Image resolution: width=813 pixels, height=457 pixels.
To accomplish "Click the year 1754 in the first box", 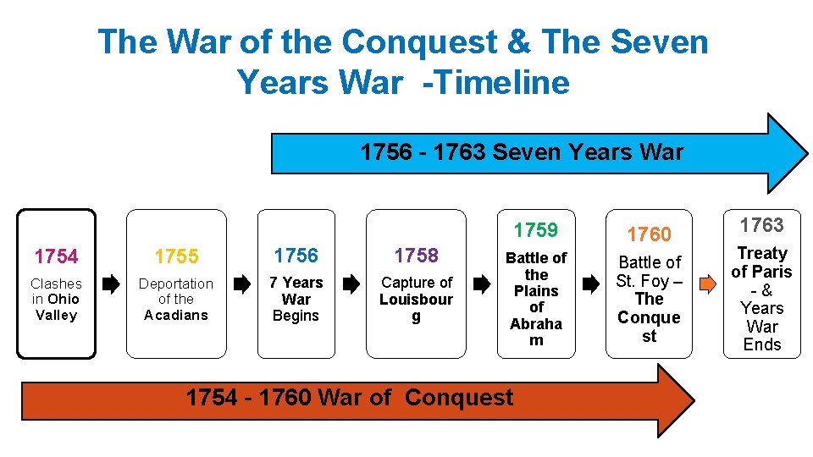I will (56, 256).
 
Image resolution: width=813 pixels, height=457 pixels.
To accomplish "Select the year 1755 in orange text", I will (176, 256).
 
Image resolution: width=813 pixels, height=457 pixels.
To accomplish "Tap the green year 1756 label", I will (296, 256).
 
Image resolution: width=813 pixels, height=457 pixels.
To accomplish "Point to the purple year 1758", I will (416, 256).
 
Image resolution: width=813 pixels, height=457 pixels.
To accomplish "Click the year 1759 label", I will (536, 230).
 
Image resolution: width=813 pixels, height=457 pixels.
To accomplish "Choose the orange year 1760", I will (649, 234).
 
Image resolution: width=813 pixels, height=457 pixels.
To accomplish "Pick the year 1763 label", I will (761, 225).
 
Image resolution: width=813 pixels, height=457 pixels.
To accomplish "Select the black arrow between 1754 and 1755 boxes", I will (111, 285).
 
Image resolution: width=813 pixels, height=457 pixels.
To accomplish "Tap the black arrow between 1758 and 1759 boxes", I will (481, 285).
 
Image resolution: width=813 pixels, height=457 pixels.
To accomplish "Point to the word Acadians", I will (176, 316).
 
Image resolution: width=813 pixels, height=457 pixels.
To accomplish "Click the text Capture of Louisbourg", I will (416, 299).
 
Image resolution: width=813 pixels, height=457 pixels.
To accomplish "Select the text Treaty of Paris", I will (761, 262).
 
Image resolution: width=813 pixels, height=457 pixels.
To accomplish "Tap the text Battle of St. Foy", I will (649, 272).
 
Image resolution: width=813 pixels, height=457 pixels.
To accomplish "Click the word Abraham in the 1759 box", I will (536, 332).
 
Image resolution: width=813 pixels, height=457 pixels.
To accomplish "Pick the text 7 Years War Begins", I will (296, 299).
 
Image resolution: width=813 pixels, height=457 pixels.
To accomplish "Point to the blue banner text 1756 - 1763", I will (423, 152).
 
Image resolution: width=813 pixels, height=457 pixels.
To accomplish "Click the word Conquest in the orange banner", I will (459, 398).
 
